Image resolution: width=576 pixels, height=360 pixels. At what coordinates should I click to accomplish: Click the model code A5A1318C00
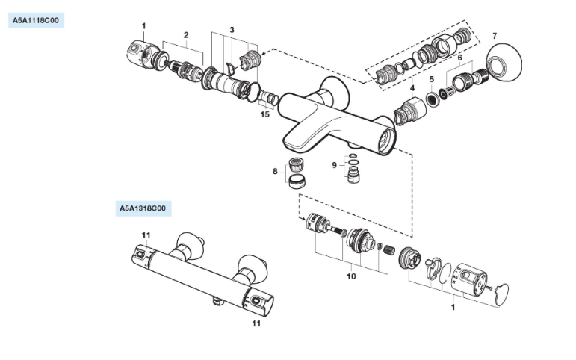(145, 208)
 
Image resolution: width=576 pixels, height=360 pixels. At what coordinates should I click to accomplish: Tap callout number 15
(264, 114)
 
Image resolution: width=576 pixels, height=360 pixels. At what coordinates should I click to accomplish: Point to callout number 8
(275, 171)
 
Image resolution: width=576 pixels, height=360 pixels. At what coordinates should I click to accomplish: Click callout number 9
(335, 164)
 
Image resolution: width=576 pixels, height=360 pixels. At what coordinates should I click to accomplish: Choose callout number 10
(351, 276)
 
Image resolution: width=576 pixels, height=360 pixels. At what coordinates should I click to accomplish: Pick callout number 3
(232, 29)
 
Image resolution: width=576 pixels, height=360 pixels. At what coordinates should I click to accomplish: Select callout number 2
(186, 34)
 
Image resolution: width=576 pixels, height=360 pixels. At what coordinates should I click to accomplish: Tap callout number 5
(431, 78)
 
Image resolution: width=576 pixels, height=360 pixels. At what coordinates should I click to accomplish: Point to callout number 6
(460, 58)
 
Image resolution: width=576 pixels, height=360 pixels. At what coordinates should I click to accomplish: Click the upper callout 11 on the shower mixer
(146, 236)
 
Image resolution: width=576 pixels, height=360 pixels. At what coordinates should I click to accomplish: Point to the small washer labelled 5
(432, 98)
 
